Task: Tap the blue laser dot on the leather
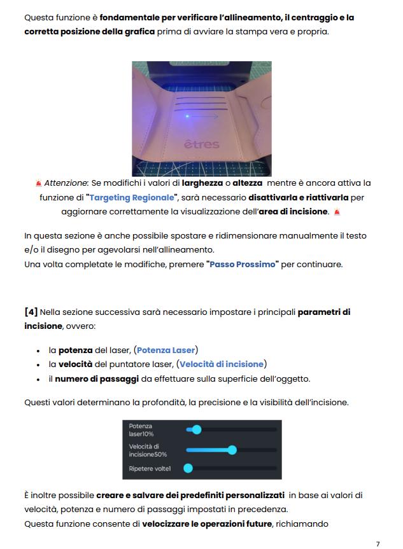(x=187, y=116)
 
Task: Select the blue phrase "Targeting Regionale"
(x=133, y=197)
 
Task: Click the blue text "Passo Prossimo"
(x=243, y=264)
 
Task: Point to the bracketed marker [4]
(x=31, y=312)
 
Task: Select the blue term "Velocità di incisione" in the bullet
(x=222, y=364)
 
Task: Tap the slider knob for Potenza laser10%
(x=197, y=430)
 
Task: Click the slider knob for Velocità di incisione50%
(x=232, y=450)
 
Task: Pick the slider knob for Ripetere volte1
(x=188, y=469)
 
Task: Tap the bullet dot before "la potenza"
(x=39, y=351)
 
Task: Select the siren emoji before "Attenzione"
(x=39, y=183)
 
